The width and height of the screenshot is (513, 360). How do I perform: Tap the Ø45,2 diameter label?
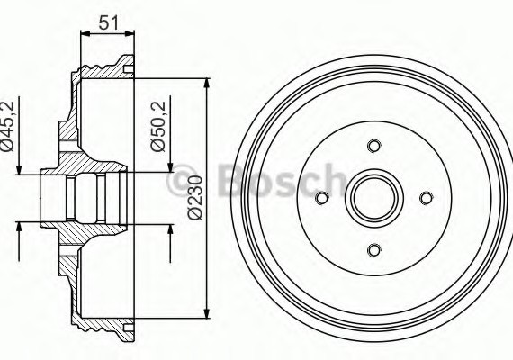click(10, 128)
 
